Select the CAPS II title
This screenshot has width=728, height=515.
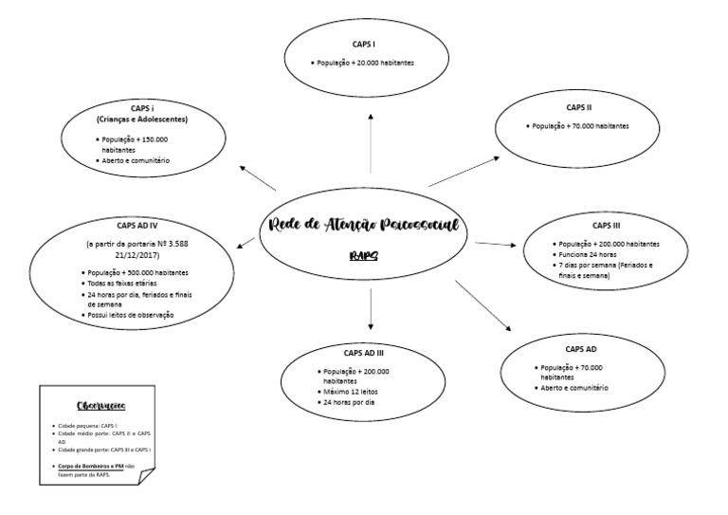point(579,107)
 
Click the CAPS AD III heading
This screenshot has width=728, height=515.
point(364,353)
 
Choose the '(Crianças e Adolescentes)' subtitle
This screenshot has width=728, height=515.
point(142,120)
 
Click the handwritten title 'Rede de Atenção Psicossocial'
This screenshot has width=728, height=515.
point(364,227)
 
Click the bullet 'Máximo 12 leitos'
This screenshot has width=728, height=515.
point(350,392)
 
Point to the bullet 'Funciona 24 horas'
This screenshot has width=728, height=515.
point(590,255)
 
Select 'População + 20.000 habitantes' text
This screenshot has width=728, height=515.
point(366,63)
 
